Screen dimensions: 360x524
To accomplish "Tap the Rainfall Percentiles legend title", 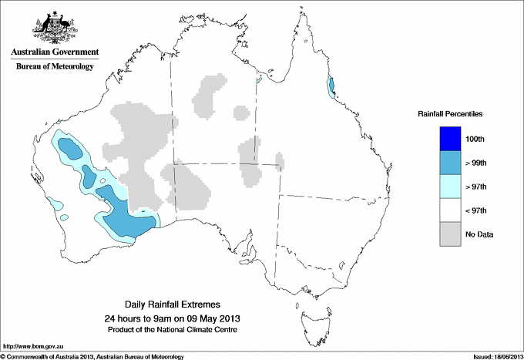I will point(450,114).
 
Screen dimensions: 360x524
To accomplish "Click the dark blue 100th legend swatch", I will point(450,138).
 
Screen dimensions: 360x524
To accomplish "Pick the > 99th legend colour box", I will point(450,162).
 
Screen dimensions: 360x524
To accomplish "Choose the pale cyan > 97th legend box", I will point(450,186).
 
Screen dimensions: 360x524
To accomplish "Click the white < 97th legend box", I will point(450,210).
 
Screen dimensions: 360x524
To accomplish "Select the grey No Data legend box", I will point(450,234).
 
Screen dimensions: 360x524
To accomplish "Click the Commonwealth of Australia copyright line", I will point(92,356).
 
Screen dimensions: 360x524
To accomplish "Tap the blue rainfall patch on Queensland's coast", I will point(331,86).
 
